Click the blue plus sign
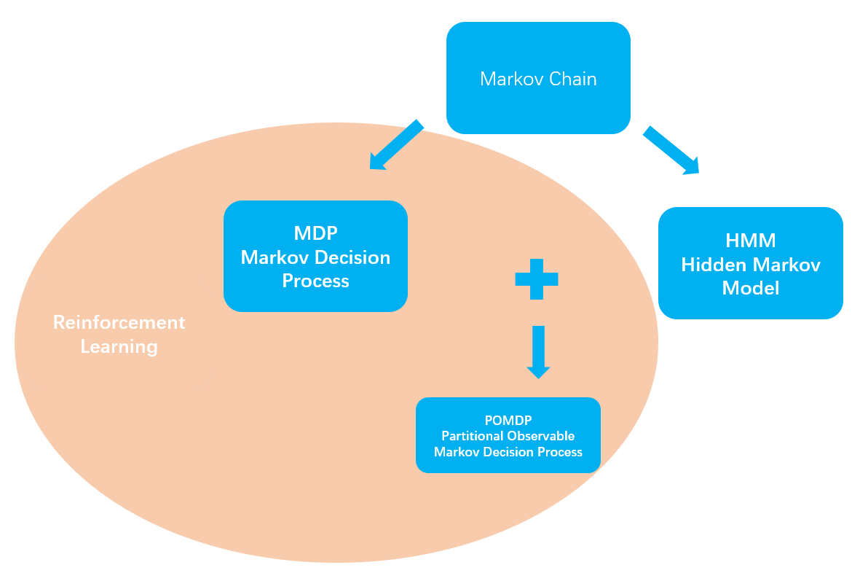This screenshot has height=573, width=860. point(537,278)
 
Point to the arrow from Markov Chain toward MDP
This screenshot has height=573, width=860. point(395,145)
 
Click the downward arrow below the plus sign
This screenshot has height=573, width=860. point(538,352)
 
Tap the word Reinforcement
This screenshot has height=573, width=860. point(119,322)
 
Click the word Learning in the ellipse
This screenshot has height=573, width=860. point(119,346)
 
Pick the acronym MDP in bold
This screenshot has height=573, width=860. point(315,233)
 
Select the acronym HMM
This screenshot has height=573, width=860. point(751,241)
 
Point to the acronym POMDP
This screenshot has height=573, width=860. point(508,421)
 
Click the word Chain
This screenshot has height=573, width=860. point(573,79)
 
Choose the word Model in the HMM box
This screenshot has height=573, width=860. point(751,289)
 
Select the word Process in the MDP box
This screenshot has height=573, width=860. point(315,281)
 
